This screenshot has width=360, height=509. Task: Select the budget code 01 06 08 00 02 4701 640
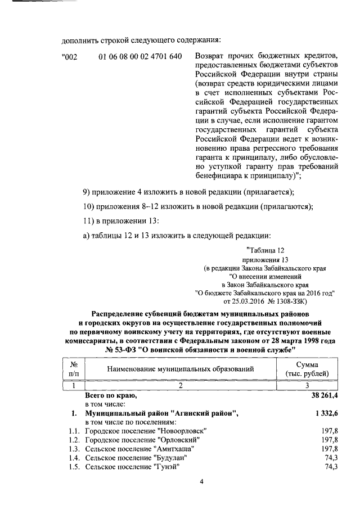click(x=139, y=57)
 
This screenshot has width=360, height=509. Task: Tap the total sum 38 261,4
click(x=320, y=396)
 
